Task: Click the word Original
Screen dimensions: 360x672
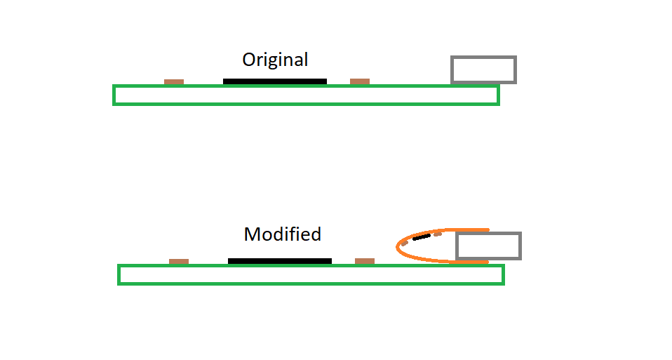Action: coord(275,60)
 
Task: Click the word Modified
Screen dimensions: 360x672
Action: coord(283,234)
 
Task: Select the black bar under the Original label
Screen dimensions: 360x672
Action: coord(275,81)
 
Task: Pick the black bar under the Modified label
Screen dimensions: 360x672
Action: coord(280,261)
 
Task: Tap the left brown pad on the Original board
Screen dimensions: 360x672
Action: coord(174,82)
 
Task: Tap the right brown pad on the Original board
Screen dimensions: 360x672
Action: coord(360,81)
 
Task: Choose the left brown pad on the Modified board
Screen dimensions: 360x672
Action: coord(179,262)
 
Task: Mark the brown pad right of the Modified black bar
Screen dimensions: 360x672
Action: coord(365,261)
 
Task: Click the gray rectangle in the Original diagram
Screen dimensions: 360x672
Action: coord(483,69)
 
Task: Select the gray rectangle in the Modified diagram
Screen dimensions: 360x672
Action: coord(488,246)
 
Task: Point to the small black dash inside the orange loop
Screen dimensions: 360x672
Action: coord(421,237)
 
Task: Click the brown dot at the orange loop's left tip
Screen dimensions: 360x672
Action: coord(405,243)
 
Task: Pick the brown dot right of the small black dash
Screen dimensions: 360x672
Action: coord(437,234)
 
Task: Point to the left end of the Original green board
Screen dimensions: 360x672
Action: coord(115,95)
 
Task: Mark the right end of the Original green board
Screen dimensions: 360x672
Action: coord(497,95)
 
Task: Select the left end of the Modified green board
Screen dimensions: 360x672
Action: coord(120,274)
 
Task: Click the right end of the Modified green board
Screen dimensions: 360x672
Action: coord(502,274)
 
